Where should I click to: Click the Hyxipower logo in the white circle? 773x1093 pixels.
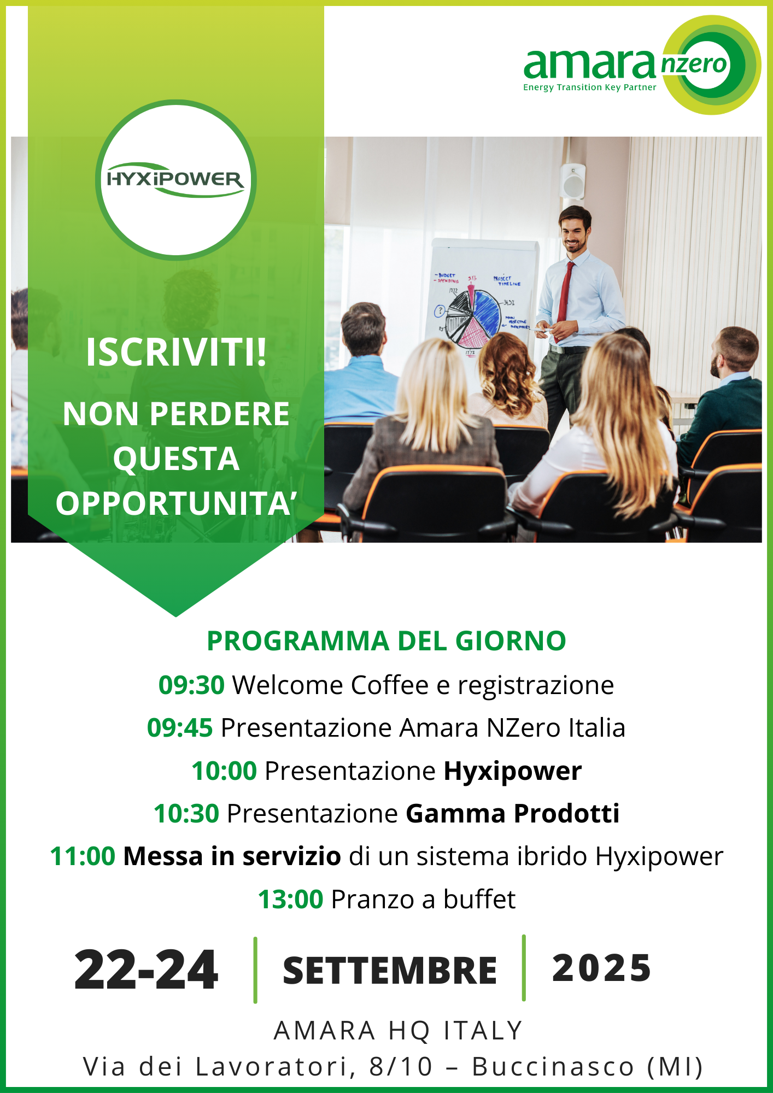[x=175, y=180]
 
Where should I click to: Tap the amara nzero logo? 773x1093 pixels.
[x=642, y=65]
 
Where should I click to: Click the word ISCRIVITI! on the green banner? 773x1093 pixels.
[x=176, y=352]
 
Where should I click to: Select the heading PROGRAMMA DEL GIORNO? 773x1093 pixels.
[x=386, y=641]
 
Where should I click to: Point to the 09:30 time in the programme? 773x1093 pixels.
[x=191, y=685]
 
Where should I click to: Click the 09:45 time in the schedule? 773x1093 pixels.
[x=180, y=728]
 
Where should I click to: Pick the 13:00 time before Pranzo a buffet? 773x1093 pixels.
[x=291, y=900]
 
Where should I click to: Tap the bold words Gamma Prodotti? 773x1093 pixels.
[x=513, y=814]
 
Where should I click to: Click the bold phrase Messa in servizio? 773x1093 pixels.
[x=232, y=856]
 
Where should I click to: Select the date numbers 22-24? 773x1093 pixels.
[x=147, y=970]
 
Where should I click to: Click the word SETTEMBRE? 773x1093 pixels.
[x=390, y=971]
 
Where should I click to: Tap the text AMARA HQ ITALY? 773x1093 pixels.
[x=399, y=1031]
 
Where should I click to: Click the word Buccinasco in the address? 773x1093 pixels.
[x=553, y=1067]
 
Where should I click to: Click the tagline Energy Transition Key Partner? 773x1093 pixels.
[x=589, y=87]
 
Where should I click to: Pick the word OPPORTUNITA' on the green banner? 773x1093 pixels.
[x=176, y=503]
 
